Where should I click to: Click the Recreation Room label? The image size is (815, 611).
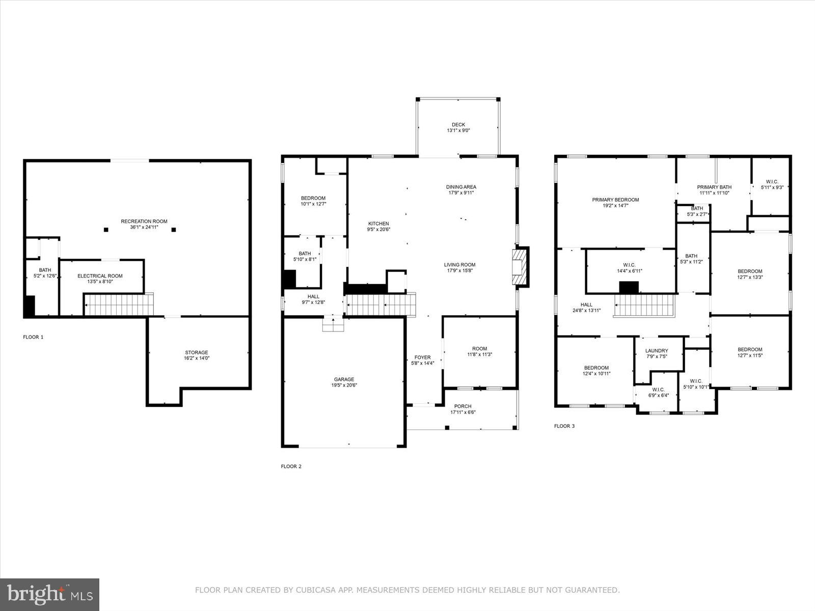[x=144, y=221]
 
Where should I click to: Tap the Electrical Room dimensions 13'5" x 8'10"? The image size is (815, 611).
[x=100, y=282]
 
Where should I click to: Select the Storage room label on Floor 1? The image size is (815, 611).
[x=197, y=352]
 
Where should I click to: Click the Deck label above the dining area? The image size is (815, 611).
[x=458, y=125]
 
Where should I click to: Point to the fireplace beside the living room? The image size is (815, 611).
[x=520, y=267]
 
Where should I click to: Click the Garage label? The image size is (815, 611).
[x=344, y=379]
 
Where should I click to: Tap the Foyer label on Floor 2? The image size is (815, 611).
[x=422, y=357]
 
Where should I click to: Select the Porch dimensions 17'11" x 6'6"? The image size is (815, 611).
[x=463, y=412]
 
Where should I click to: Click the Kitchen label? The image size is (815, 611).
[x=378, y=224]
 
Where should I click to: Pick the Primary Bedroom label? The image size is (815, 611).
[x=615, y=200]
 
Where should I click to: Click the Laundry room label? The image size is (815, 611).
[x=657, y=351]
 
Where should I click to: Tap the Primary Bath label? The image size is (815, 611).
[x=714, y=187]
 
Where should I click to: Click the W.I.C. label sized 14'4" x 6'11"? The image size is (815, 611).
[x=629, y=265]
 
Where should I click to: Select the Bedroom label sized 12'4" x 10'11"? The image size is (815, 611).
[x=596, y=368]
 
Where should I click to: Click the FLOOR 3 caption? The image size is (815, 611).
[x=564, y=426]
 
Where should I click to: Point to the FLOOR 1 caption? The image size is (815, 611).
[x=33, y=337]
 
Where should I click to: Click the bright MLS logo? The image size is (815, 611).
[x=49, y=594]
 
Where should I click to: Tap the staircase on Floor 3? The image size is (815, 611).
[x=644, y=305]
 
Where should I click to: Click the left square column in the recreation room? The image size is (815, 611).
[x=106, y=230]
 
